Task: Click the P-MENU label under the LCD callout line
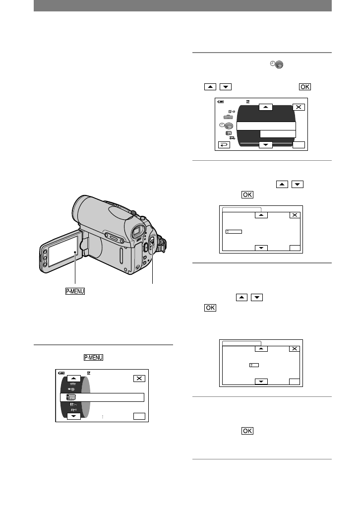click(75, 291)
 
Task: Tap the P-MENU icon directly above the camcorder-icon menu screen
click(93, 358)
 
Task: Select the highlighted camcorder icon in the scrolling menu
click(71, 397)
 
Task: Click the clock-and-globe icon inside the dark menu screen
click(226, 126)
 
